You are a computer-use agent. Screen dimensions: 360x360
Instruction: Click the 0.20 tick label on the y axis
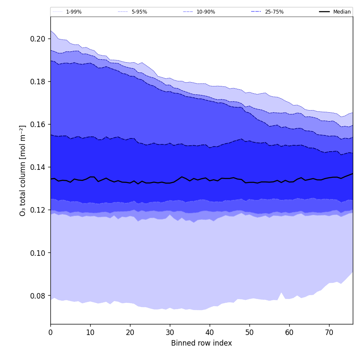(x=37, y=39)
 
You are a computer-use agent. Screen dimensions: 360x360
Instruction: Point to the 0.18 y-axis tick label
(x=37, y=82)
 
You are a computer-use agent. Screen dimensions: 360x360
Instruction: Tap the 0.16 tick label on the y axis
(x=37, y=125)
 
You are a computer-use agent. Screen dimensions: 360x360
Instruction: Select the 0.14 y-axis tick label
(x=37, y=167)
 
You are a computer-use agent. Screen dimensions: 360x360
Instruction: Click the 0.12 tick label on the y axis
(x=37, y=210)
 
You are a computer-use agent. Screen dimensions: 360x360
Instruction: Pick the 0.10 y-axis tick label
(x=37, y=253)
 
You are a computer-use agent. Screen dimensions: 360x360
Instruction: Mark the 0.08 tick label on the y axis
(x=37, y=296)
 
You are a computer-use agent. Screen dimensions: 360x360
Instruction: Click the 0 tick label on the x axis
(x=50, y=332)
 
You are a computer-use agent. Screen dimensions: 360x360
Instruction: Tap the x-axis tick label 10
(x=90, y=332)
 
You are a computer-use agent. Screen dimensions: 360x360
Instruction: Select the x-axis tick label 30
(x=170, y=332)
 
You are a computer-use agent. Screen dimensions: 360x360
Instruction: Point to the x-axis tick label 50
(x=249, y=332)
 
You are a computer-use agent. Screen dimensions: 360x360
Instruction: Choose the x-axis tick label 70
(x=329, y=332)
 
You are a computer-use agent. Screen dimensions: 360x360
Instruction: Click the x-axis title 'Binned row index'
(x=202, y=343)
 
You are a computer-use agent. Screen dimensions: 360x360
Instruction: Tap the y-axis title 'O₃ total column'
(x=23, y=170)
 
